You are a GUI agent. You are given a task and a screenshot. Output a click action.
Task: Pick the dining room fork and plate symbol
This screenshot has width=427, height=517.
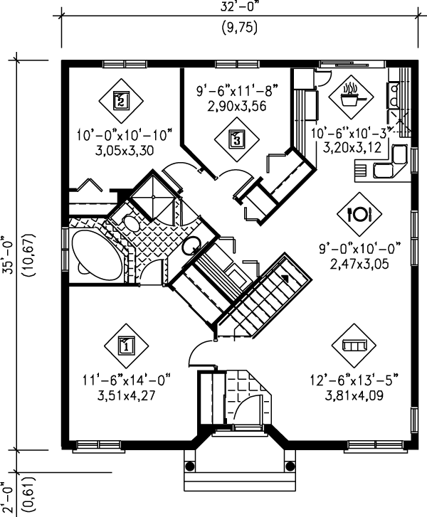(358, 212)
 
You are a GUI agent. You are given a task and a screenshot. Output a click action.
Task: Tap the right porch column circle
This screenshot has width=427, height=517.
(288, 467)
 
